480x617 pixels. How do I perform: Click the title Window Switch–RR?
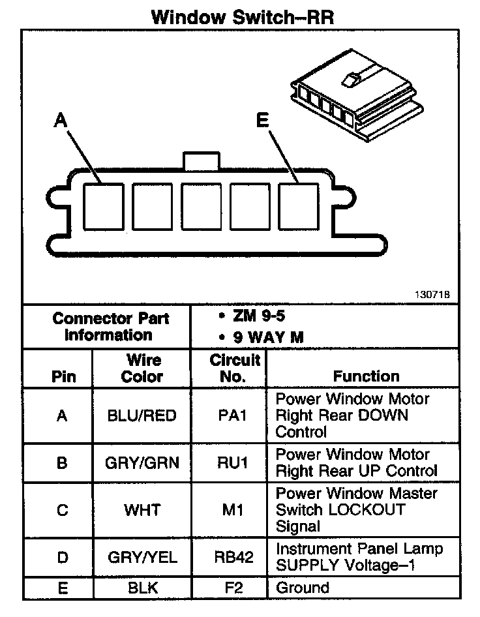tap(243, 16)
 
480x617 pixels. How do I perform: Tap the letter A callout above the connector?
tap(60, 120)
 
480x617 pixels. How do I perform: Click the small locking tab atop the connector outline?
tap(201, 161)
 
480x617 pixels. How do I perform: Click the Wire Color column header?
tap(142, 368)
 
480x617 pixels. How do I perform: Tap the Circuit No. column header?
tap(235, 368)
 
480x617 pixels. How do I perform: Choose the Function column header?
tap(366, 376)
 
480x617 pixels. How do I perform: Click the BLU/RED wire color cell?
tap(142, 416)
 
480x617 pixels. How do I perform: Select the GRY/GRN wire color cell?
tap(142, 463)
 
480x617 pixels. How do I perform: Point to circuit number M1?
tap(233, 509)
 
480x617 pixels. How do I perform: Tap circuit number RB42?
tap(233, 558)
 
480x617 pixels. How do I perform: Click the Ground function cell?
tap(303, 588)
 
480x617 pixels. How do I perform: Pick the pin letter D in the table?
tap(62, 558)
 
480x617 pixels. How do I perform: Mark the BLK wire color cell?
tap(142, 588)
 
